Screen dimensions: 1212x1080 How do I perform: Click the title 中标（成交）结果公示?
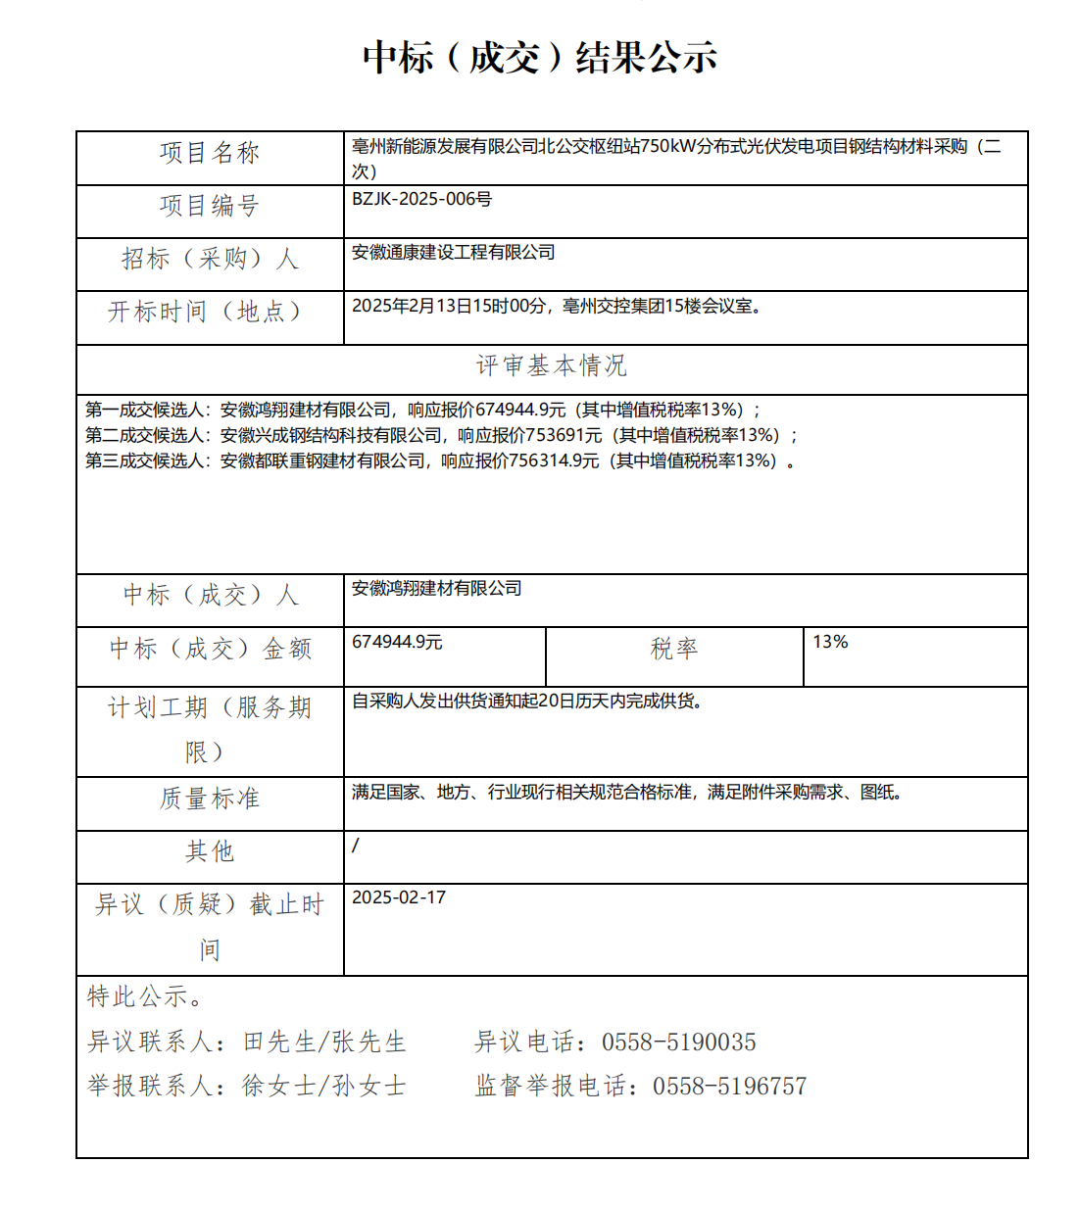540,58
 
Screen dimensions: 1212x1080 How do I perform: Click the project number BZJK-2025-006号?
421,199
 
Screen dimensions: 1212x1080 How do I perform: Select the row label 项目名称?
210,153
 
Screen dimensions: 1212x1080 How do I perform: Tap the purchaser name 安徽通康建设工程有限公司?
453,253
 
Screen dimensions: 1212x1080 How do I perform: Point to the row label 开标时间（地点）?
205,312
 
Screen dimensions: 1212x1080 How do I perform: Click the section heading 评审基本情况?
551,365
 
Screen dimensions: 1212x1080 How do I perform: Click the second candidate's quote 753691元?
564,435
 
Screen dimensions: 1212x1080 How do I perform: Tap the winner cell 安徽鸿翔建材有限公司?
436,589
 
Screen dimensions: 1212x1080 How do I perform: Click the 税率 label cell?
674,649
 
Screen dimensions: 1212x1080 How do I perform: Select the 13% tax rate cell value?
830,642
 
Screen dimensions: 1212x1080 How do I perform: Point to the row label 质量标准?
210,799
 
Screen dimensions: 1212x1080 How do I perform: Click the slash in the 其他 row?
356,845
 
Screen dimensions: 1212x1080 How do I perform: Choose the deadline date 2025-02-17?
399,897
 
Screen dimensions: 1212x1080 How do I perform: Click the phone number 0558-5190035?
679,1042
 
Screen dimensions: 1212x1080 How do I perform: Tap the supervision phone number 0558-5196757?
730,1087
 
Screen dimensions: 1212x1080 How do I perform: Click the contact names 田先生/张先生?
324,1042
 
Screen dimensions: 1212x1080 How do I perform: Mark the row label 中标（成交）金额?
210,649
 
